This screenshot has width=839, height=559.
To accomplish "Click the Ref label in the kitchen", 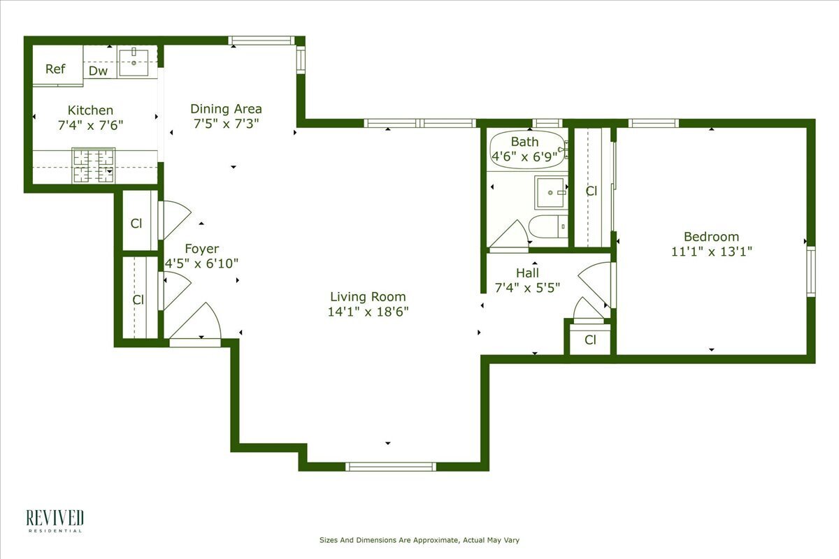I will coord(55,69).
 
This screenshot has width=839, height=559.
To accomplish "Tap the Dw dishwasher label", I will coord(98,71).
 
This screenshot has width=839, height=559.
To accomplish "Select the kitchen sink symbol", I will coord(133,61).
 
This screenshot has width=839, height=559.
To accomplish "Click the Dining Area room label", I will coord(226,109).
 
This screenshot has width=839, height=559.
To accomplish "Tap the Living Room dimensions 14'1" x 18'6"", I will coord(368,312).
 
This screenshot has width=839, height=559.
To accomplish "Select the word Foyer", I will coord(201,249).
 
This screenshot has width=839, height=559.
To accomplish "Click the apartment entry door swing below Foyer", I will coord(198,323).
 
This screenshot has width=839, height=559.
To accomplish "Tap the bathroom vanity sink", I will coord(551,192).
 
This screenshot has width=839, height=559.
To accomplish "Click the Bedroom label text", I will coord(711,237).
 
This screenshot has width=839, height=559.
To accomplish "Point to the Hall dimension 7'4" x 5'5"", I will coord(528,287).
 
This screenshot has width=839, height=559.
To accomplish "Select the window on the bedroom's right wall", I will coord(810,271).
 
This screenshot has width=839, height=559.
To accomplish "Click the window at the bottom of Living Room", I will coord(391,466).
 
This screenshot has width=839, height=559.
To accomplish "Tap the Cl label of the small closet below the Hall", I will coord(590,340).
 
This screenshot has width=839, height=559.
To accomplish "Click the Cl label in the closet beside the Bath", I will coord(591,191).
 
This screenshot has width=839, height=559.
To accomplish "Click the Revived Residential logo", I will coord(55,521).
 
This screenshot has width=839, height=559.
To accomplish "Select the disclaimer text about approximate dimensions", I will coord(419,540).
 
